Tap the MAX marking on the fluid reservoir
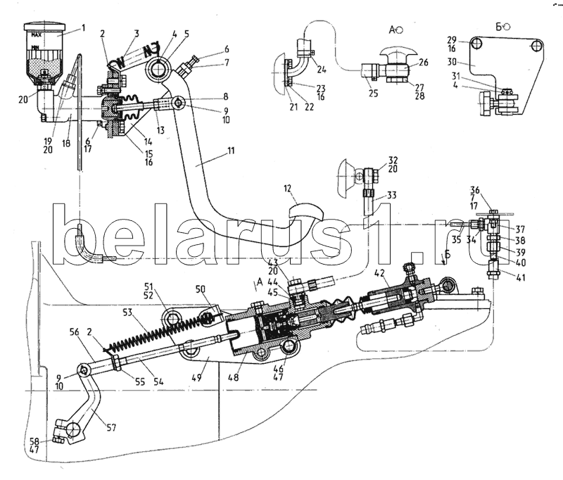pos(42,34)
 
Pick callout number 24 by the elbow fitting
pos(322,70)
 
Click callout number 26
pos(424,62)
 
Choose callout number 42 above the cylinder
pos(380,273)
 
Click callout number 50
pos(200,289)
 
